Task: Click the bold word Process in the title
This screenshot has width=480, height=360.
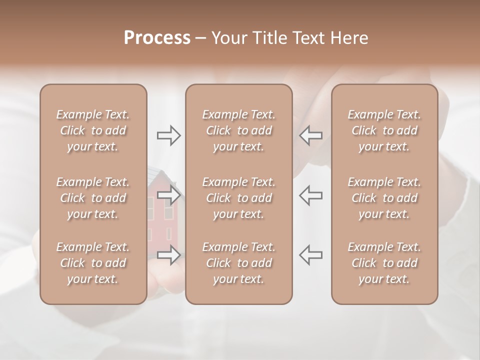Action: click(x=157, y=38)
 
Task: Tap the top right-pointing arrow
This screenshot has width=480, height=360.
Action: click(x=168, y=135)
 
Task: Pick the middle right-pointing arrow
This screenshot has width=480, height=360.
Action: click(x=168, y=194)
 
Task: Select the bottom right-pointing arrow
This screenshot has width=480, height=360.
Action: click(x=168, y=254)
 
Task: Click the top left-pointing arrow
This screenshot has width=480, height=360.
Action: click(x=311, y=135)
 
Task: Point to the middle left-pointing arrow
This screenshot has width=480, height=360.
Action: click(x=311, y=194)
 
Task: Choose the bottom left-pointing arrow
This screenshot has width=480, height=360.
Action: click(x=311, y=254)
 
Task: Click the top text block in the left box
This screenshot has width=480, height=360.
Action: click(x=93, y=130)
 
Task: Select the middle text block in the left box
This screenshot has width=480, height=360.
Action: click(x=93, y=198)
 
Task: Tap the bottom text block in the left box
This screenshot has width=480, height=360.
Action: click(x=93, y=263)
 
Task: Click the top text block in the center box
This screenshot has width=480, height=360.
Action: click(x=238, y=130)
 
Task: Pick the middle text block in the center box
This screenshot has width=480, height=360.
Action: click(x=238, y=198)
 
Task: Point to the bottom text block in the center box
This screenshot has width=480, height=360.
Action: click(x=238, y=263)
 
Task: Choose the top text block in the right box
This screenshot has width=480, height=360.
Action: click(x=384, y=130)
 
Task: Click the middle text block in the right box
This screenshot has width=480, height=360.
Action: click(x=384, y=198)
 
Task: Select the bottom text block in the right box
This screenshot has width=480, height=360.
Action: click(x=384, y=263)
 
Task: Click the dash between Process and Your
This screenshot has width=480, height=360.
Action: click(x=200, y=39)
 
